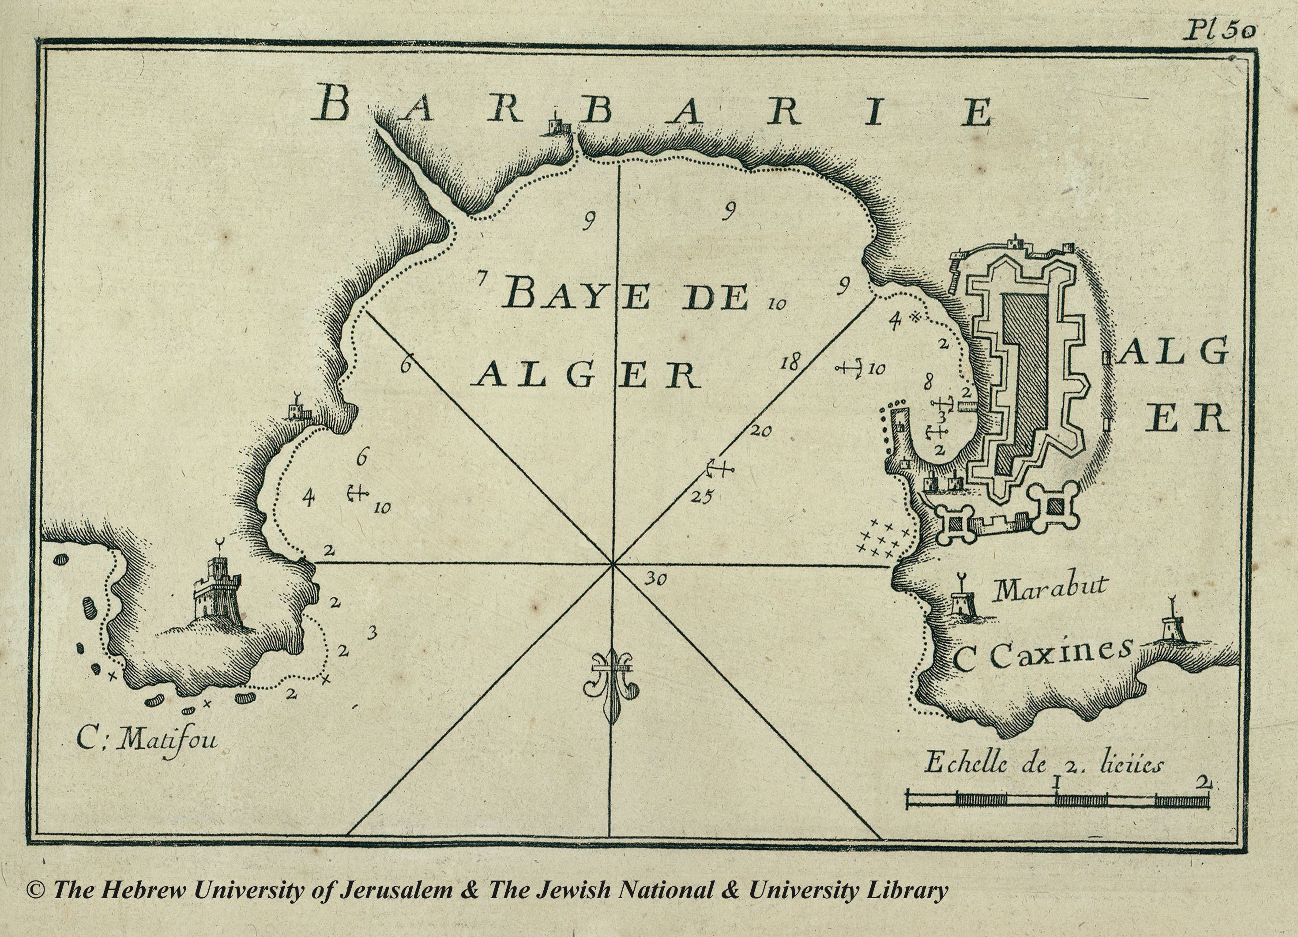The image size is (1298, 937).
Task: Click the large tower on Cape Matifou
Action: point(216,590)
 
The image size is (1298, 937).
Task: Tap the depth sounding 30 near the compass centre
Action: point(655,580)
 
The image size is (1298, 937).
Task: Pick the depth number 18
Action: point(789,362)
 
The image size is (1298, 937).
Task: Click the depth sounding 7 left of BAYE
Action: point(482,280)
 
